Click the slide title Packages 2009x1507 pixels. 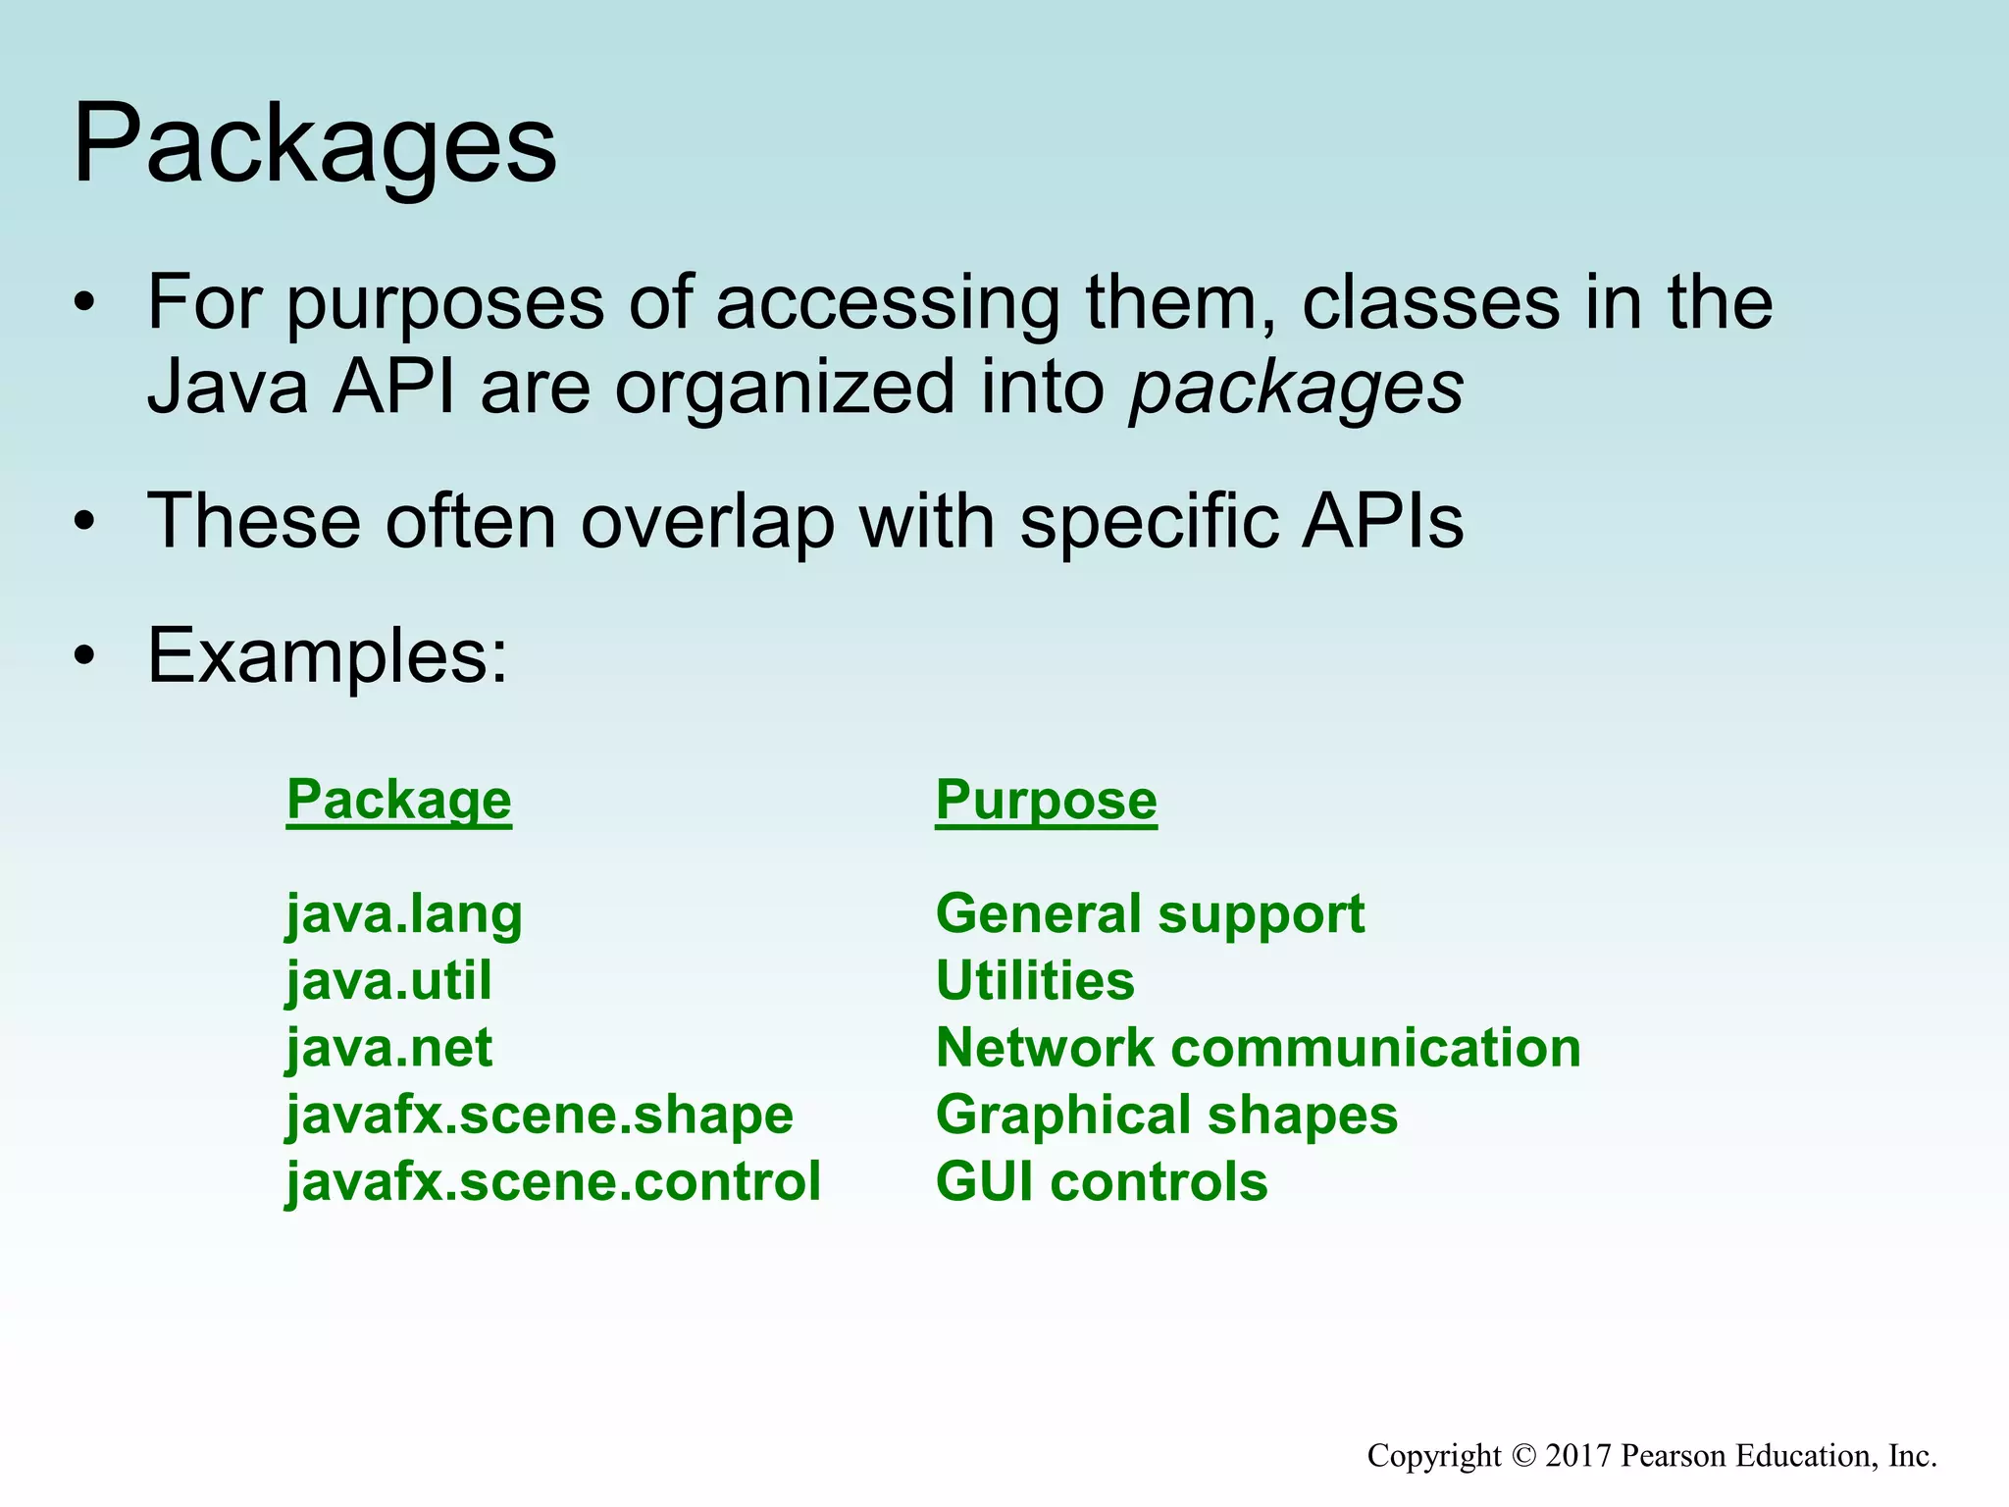315,145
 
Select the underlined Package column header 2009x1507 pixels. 398,800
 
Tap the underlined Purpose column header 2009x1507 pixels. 1046,800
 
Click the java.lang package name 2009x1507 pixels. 404,914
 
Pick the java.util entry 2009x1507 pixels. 388,980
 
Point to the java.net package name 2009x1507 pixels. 388,1047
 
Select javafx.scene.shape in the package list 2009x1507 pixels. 540,1115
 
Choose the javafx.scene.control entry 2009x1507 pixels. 553,1181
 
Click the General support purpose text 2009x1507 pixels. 1150,914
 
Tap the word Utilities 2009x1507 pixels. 1035,980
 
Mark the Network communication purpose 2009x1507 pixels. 1258,1047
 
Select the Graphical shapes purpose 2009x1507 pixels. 1166,1115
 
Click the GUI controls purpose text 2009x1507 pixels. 1102,1181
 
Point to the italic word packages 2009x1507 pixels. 1296,389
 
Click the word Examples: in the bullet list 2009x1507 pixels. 328,655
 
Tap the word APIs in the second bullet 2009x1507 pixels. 1382,521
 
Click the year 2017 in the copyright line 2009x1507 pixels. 1578,1456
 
